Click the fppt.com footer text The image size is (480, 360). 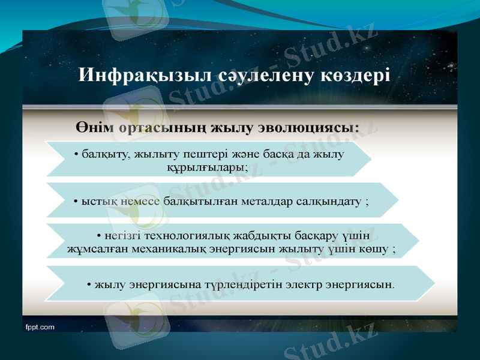coord(40,327)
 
